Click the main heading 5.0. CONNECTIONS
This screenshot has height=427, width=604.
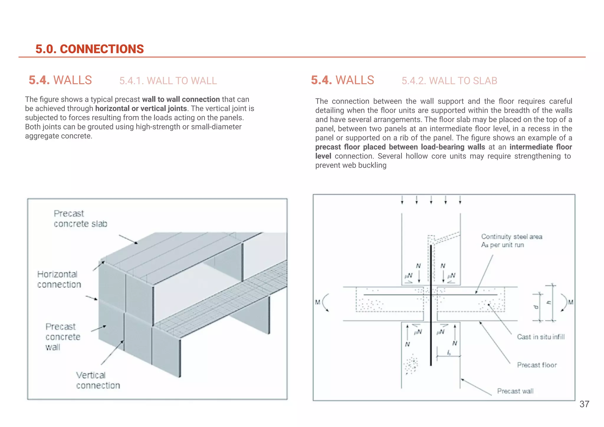[89, 49]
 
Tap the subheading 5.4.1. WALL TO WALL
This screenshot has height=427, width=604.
[168, 81]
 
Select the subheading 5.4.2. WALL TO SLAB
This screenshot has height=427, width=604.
[449, 81]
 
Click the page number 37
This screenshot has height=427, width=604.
[584, 404]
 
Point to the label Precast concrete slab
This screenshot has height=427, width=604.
[80, 219]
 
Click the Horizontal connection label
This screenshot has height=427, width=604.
[59, 279]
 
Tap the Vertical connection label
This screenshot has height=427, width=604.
[98, 380]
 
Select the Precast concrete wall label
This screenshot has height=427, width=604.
[63, 337]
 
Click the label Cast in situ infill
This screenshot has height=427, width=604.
[541, 337]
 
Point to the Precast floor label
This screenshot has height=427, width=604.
[537, 365]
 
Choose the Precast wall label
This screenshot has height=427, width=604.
[515, 391]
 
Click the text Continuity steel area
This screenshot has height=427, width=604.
[512, 237]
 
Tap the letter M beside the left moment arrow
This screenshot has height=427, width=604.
[317, 302]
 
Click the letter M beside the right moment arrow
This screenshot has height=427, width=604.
[571, 302]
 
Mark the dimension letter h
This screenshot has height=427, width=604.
[549, 303]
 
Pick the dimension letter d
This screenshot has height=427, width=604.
[536, 307]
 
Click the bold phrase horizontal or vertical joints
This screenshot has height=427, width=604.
[141, 109]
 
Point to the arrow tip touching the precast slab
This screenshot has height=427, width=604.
[137, 243]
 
